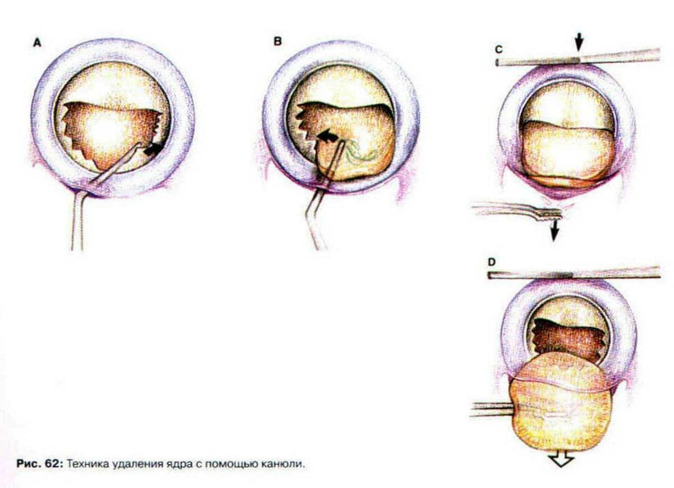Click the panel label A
point(37,43)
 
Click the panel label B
point(277,41)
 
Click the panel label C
point(499,49)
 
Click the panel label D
point(491,262)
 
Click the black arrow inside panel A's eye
point(153,149)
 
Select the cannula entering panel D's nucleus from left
point(492,410)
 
